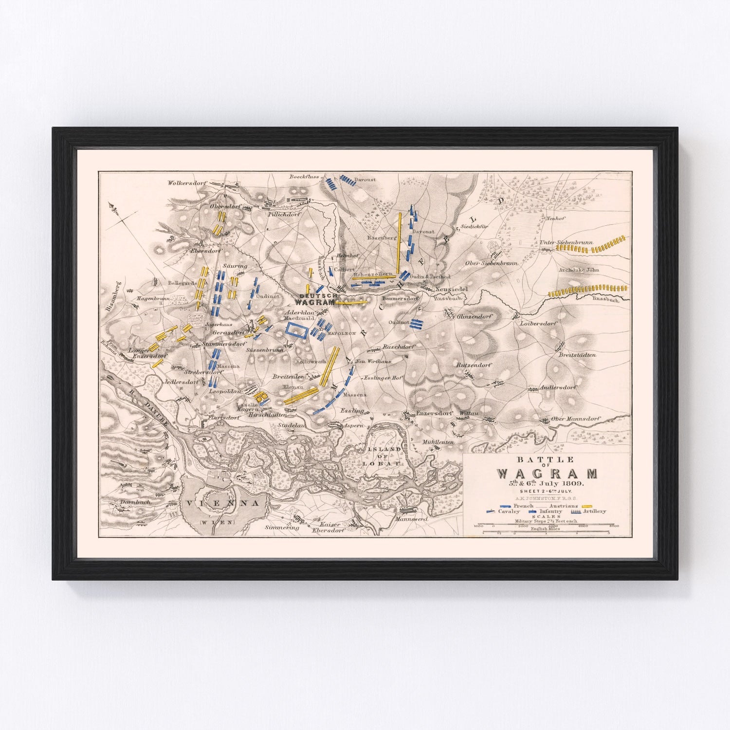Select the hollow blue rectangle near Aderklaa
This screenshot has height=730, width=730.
[296, 329]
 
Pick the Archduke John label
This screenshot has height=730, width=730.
[579, 270]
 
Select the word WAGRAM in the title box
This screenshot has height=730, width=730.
[547, 474]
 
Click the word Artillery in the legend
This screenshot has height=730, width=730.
[595, 511]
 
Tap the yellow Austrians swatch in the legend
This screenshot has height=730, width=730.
[589, 506]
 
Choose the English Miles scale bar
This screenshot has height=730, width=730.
[545, 532]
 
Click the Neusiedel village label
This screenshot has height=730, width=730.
[451, 289]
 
